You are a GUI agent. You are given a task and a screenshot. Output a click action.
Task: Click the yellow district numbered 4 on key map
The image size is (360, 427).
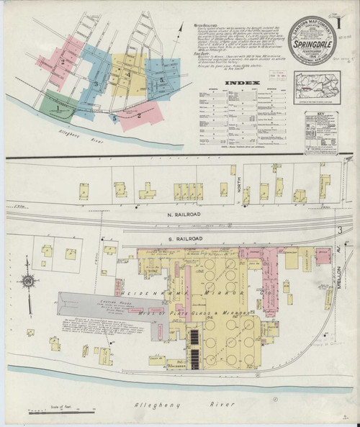(x=127, y=74)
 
